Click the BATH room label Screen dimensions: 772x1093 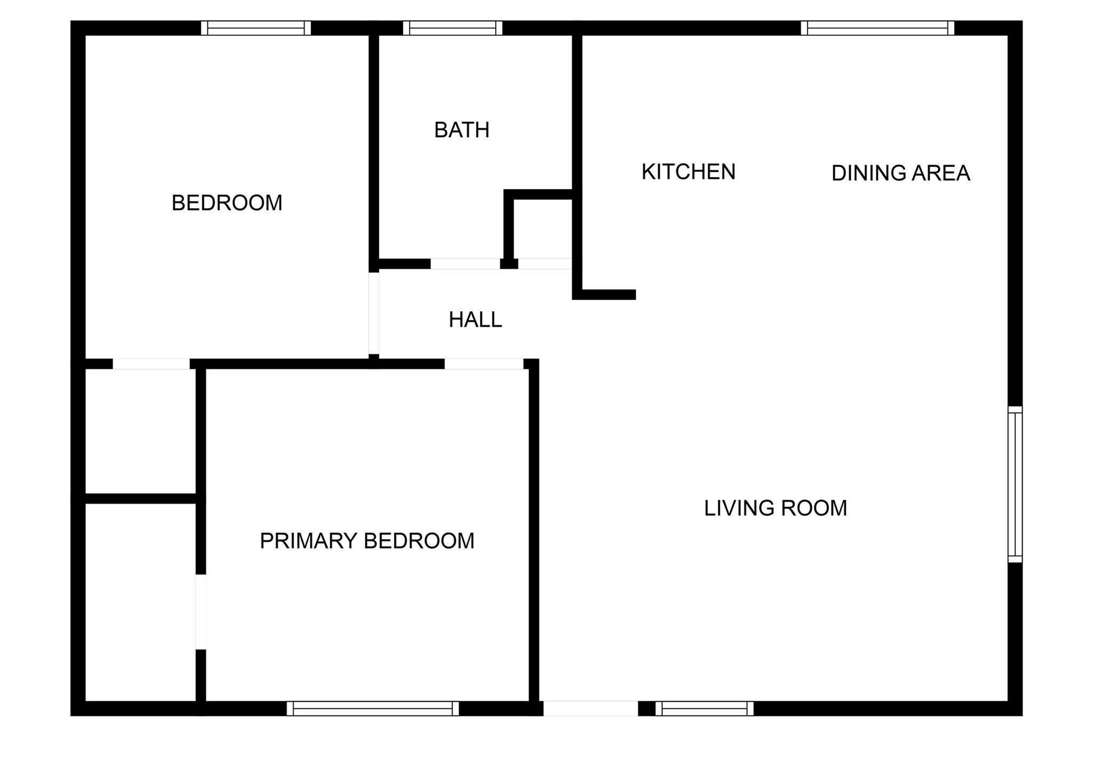point(462,130)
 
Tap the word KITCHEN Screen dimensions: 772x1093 point(688,172)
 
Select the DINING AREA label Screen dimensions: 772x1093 point(900,173)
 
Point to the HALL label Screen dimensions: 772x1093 point(475,320)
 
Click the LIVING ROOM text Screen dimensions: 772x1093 point(775,508)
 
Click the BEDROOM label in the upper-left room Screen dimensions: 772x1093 point(227,203)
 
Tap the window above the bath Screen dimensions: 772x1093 point(453,28)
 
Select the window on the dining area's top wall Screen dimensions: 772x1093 point(877,28)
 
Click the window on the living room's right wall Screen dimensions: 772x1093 point(1015,484)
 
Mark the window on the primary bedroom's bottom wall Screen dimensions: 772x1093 point(373,708)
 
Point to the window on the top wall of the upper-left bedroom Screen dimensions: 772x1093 point(256,28)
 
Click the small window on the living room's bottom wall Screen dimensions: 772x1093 point(704,708)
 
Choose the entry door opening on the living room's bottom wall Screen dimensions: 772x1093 point(590,708)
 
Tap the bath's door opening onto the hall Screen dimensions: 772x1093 point(465,264)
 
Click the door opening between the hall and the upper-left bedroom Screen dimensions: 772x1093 point(374,313)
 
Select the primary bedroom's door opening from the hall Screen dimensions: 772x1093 point(484,364)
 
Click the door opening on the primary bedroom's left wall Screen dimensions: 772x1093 point(201,612)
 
